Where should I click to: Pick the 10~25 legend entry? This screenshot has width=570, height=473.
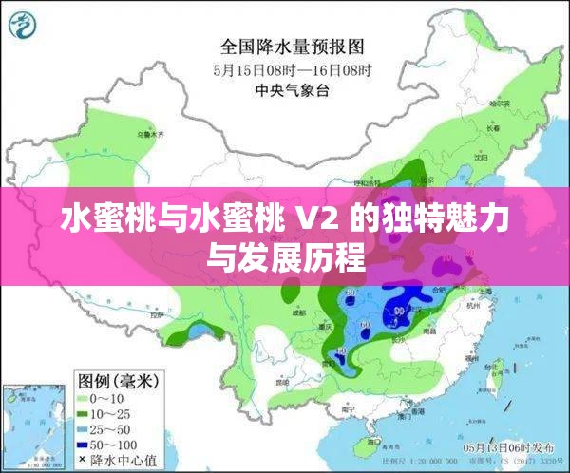108,415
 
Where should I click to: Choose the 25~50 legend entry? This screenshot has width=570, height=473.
108,430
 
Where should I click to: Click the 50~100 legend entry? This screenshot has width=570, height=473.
111,445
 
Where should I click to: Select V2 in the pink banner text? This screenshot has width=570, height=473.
317,220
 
